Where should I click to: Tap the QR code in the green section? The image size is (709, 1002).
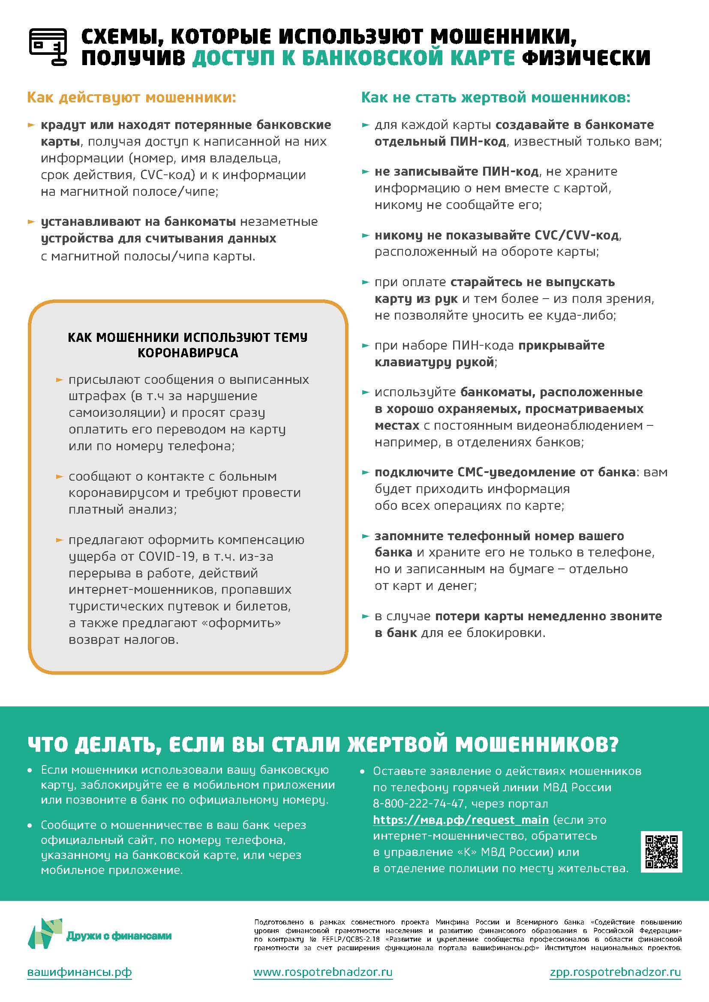pyautogui.click(x=661, y=852)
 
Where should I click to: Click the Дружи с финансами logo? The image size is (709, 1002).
pyautogui.click(x=99, y=935)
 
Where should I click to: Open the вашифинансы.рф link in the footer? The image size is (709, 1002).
pyautogui.click(x=79, y=972)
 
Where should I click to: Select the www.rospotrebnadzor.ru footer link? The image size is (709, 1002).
pyautogui.click(x=323, y=972)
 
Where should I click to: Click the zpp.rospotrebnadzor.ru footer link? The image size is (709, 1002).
pyautogui.click(x=615, y=972)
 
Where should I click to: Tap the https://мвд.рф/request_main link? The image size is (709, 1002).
pyautogui.click(x=460, y=820)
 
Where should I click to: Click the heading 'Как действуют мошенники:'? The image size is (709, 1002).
pyautogui.click(x=132, y=97)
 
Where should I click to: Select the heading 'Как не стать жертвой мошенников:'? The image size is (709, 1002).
pyautogui.click(x=496, y=97)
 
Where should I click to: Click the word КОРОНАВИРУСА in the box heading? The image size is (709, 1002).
pyautogui.click(x=188, y=353)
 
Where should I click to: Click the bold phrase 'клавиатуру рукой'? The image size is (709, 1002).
pyautogui.click(x=434, y=362)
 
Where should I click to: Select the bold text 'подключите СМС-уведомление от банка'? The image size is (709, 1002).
pyautogui.click(x=505, y=472)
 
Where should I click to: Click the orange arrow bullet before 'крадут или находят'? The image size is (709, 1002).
pyautogui.click(x=31, y=125)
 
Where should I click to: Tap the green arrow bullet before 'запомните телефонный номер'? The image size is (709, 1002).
pyautogui.click(x=365, y=536)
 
